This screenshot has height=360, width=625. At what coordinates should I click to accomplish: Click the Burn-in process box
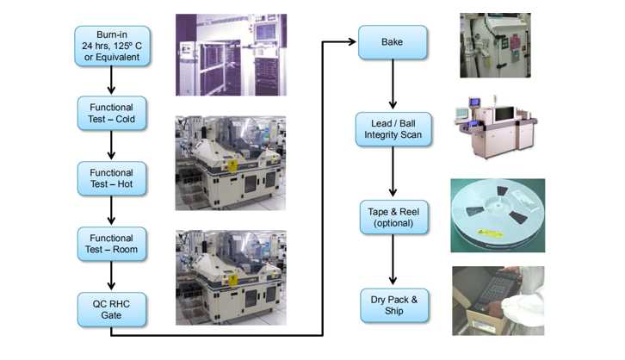tap(112, 46)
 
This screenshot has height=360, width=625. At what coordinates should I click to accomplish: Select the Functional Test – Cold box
tap(112, 113)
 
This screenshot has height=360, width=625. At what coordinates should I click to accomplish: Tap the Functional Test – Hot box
tap(112, 178)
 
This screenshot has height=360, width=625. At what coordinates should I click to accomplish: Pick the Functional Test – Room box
tap(112, 244)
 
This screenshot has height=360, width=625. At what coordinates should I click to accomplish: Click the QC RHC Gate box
tap(112, 309)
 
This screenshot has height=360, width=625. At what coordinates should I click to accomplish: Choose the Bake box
tap(393, 42)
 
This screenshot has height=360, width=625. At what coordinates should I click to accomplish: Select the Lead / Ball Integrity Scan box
tap(393, 129)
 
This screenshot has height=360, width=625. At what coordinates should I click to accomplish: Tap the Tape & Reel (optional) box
tap(393, 217)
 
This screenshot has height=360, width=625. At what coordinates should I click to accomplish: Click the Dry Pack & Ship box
tap(394, 306)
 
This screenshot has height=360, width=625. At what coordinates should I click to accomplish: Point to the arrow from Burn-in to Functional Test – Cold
tap(111, 80)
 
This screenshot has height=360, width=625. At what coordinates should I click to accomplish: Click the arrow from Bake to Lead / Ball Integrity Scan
tap(393, 84)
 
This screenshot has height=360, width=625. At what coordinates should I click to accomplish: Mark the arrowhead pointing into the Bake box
tap(351, 41)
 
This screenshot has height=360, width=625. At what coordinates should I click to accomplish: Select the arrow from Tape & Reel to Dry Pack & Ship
tap(393, 259)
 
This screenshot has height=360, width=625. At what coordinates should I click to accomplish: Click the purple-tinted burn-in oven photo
tap(232, 55)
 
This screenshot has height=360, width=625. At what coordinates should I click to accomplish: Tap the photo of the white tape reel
tap(498, 215)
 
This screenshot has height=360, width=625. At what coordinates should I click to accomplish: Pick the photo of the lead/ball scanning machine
tap(496, 127)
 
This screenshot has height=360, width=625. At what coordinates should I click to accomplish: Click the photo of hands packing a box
tap(498, 301)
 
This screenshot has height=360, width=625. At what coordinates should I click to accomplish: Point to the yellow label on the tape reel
tap(490, 233)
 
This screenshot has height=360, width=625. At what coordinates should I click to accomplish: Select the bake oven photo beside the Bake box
tap(495, 45)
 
